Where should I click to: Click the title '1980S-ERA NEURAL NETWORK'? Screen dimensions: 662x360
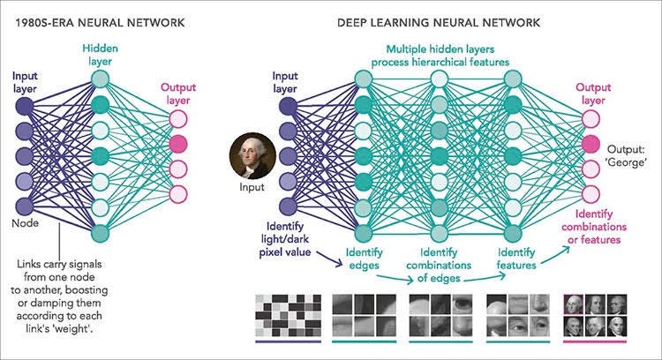pyautogui.click(x=100, y=23)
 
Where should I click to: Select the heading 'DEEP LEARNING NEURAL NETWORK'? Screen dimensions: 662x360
pyautogui.click(x=439, y=23)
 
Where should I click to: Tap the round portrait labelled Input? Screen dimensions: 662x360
pyautogui.click(x=252, y=155)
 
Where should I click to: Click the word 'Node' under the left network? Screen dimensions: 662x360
pyautogui.click(x=26, y=223)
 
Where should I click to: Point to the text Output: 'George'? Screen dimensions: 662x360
pyautogui.click(x=627, y=155)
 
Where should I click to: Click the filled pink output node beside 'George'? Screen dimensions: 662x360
pyautogui.click(x=591, y=145)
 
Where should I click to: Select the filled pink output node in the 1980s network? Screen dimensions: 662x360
pyautogui.click(x=178, y=145)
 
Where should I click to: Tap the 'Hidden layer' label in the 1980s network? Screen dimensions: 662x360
pyautogui.click(x=100, y=55)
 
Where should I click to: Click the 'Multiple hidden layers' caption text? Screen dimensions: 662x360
pyautogui.click(x=440, y=49)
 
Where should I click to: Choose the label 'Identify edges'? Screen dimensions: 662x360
pyautogui.click(x=364, y=259)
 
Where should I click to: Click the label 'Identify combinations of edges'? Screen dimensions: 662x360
pyautogui.click(x=439, y=265)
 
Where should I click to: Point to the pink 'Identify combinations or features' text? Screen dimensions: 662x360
pyautogui.click(x=594, y=227)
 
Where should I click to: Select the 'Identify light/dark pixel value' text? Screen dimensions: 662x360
pyautogui.click(x=285, y=239)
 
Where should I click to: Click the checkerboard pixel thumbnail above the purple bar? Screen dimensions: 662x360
pyautogui.click(x=289, y=315)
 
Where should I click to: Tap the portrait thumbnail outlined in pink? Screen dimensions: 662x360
pyautogui.click(x=574, y=304)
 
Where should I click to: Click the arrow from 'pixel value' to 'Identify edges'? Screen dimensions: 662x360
pyautogui.click(x=331, y=259)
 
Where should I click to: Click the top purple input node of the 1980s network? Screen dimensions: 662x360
pyautogui.click(x=25, y=106)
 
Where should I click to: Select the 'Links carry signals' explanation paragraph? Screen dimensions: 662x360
pyautogui.click(x=59, y=296)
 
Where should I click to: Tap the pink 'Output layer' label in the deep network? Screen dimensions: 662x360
pyautogui.click(x=593, y=94)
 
